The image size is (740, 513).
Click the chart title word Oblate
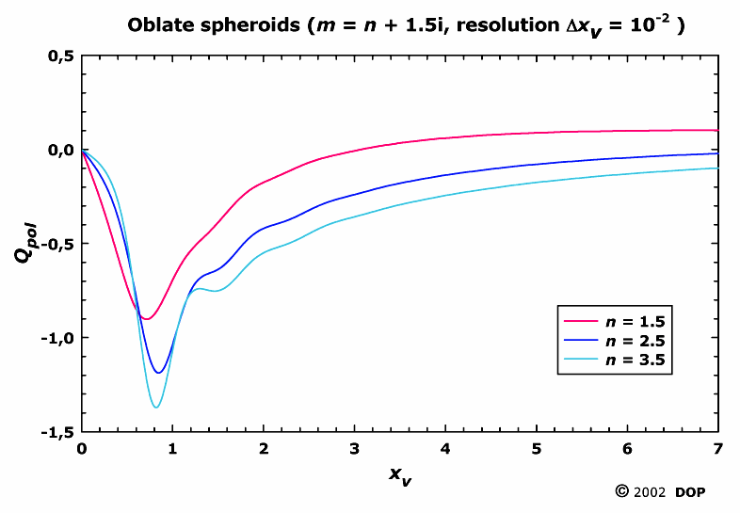[161, 25]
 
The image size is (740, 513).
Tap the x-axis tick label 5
[537, 449]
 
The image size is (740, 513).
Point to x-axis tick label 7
[717, 449]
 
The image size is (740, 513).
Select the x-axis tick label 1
[173, 449]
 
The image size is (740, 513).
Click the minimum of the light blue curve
[156, 407]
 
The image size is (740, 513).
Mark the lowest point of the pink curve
[146, 319]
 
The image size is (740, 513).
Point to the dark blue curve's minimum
[159, 373]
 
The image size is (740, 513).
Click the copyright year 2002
[649, 492]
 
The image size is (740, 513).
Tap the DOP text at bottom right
[691, 492]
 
